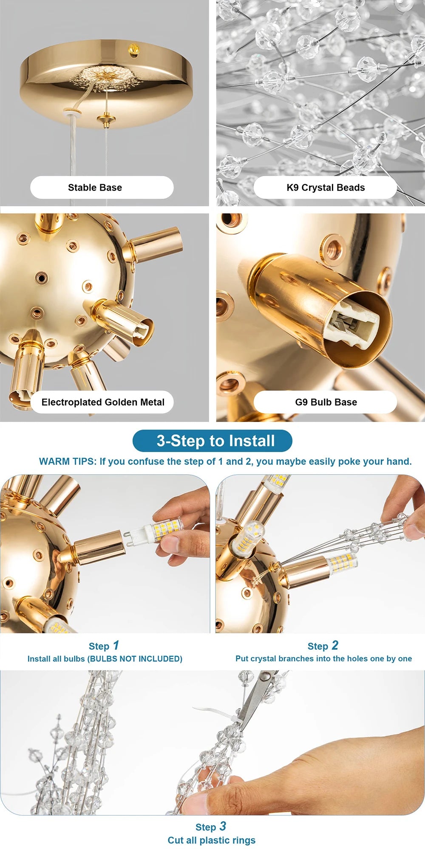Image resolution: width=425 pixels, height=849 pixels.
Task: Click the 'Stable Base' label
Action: coord(95,188)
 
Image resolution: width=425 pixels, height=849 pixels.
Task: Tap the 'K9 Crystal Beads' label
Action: coord(326,188)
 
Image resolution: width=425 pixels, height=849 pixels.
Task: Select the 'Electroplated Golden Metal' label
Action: coord(103,402)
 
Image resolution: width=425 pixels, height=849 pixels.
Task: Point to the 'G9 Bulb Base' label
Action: coord(326,402)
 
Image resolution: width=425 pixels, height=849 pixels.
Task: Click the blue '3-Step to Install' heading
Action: coord(215,441)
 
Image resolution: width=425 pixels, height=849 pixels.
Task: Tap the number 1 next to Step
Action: coord(116,646)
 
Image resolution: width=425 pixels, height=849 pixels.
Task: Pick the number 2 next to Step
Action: coord(335,646)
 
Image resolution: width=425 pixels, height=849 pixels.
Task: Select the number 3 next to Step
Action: coord(223,826)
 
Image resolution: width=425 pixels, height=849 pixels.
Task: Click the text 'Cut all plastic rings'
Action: coord(212,841)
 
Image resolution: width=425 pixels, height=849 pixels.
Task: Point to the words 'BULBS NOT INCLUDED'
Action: coord(135,659)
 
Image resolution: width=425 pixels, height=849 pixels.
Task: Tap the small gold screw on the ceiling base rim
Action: coord(134,50)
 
